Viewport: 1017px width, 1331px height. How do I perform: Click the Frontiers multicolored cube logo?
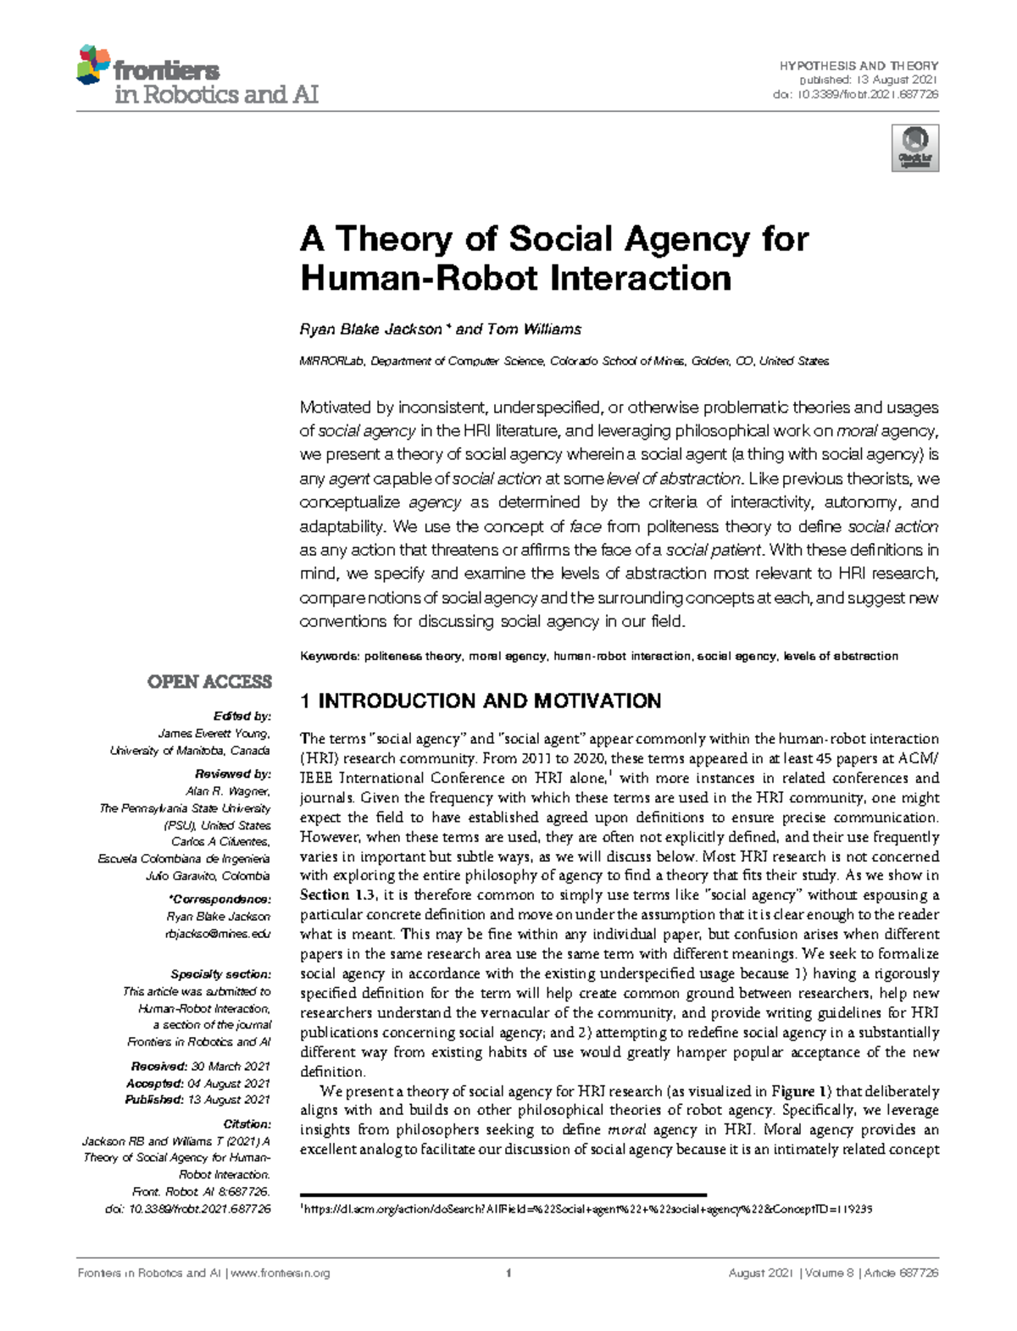point(93,65)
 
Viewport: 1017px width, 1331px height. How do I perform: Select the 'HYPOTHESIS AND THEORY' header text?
point(859,65)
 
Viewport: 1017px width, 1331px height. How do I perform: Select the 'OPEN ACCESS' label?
point(209,682)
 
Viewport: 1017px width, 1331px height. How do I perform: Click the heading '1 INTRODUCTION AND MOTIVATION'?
point(481,701)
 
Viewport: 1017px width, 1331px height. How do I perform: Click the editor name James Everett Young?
point(214,734)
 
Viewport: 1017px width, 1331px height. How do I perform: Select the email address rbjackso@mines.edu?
point(218,934)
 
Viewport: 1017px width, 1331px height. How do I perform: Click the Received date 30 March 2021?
point(230,1067)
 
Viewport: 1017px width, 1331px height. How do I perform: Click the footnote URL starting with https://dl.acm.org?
point(588,1209)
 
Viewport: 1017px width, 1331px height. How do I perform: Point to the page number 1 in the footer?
point(508,1273)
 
